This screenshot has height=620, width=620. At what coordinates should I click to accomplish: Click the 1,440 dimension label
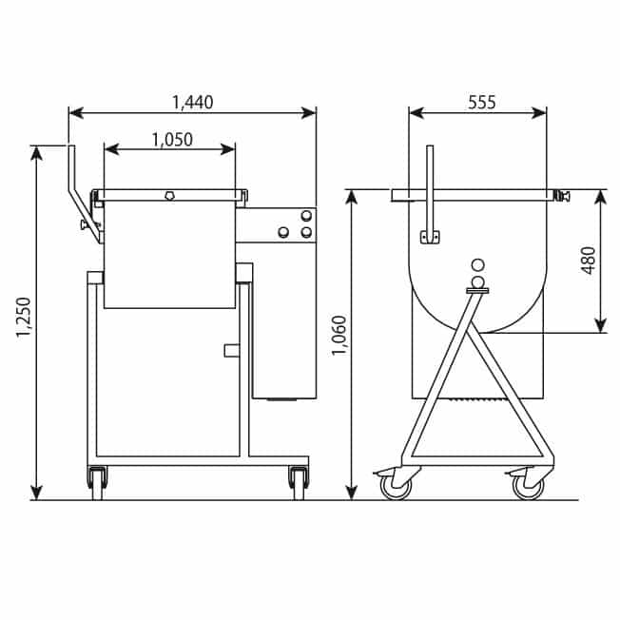point(193,103)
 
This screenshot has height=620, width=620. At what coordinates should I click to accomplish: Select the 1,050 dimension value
point(172,140)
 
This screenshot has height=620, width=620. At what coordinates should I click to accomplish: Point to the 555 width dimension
point(481,103)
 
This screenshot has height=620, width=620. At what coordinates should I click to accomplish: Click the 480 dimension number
point(589,261)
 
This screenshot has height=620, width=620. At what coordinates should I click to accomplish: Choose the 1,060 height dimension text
point(339,336)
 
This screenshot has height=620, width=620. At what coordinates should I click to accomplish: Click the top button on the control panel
point(306,216)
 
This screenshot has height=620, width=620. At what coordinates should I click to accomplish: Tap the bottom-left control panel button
point(283,232)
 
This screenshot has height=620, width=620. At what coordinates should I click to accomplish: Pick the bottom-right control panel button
point(306,232)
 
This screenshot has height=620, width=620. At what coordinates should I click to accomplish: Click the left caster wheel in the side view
point(396,487)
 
